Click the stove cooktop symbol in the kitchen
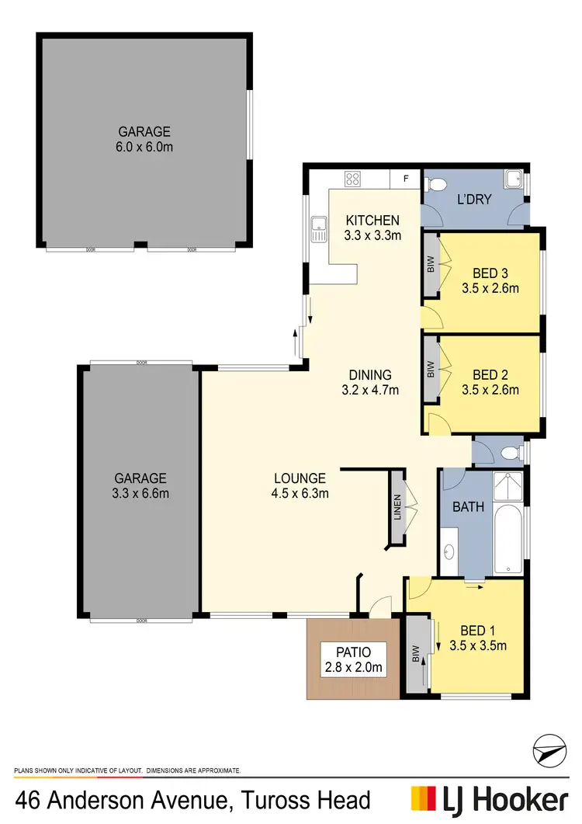tap(352, 179)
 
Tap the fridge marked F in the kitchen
tap(405, 179)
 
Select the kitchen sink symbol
tap(317, 228)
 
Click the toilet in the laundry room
tap(436, 185)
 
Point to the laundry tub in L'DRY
tap(513, 180)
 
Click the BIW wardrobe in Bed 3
tap(430, 265)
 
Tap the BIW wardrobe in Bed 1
tap(417, 654)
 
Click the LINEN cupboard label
tap(397, 509)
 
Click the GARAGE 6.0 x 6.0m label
tap(144, 139)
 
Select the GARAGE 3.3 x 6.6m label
tap(140, 485)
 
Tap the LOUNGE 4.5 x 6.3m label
tap(300, 485)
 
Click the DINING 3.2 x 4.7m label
tap(370, 382)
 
